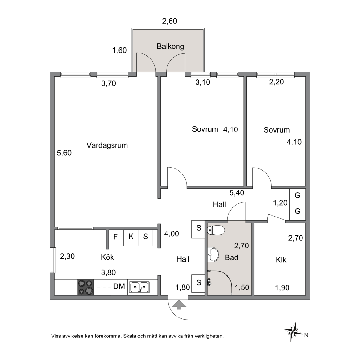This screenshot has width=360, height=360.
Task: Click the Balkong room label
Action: [170, 46]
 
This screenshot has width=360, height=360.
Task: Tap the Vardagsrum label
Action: [107, 145]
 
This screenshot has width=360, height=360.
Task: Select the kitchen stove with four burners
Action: [86, 287]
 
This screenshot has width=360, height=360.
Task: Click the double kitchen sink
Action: [139, 287]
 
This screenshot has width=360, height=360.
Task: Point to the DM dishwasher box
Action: [119, 287]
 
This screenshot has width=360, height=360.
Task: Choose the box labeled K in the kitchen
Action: [131, 237]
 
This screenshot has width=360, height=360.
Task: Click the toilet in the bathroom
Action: [216, 230]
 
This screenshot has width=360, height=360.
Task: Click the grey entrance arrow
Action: [179, 305]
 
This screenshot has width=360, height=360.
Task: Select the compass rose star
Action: [293, 331]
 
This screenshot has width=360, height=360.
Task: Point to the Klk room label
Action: [281, 260]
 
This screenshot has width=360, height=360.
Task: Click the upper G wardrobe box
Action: [297, 196]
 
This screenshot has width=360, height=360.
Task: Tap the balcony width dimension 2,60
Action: [170, 21]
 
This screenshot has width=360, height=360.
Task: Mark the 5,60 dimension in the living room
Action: [64, 153]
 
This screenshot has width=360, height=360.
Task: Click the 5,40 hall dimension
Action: [237, 192]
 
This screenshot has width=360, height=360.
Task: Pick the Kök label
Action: [107, 257]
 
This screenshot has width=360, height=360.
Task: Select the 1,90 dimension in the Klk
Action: [282, 288]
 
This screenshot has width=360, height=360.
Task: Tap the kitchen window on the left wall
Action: [53, 260]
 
